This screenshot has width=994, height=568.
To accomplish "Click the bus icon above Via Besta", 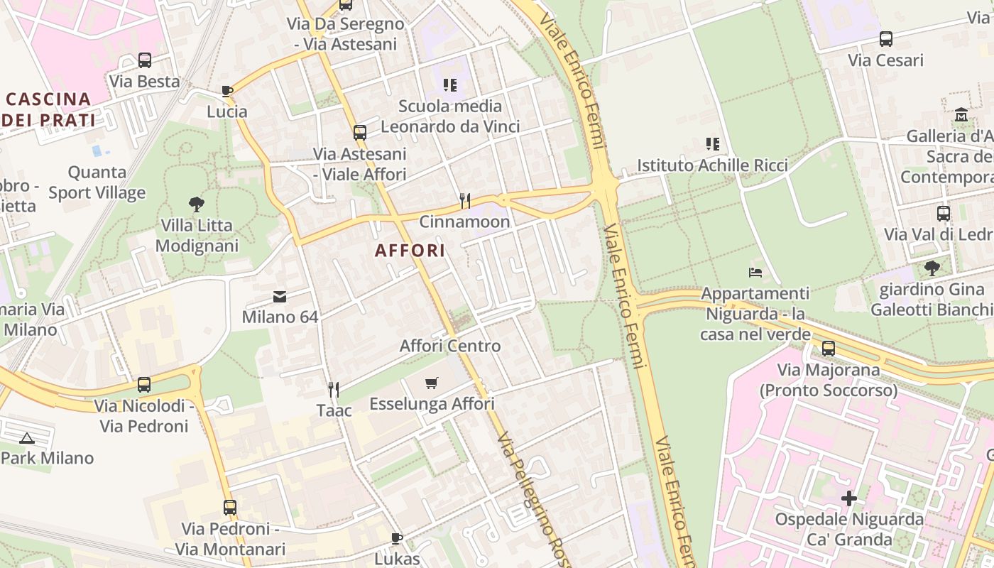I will (x=145, y=60).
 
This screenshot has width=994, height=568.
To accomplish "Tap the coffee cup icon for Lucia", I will (x=227, y=91).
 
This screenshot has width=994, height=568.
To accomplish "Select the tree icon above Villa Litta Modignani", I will (x=197, y=204).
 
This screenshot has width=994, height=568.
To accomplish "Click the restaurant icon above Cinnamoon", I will (x=465, y=201).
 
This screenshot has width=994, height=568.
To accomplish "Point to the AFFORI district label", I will (x=410, y=250).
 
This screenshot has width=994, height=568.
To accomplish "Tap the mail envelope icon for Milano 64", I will (x=280, y=296).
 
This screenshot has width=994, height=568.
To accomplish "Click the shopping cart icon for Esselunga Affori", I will (x=432, y=383).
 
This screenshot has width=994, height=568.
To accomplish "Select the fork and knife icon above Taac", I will (x=334, y=389).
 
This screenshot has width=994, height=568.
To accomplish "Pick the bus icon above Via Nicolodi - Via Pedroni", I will (x=144, y=385).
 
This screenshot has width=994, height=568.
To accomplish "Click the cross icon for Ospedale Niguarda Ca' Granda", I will (x=849, y=498).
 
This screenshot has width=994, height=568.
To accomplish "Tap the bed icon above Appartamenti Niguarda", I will (x=755, y=273).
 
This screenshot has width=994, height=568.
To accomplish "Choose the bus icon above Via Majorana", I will (x=829, y=349).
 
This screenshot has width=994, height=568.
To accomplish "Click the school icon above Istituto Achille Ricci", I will (x=713, y=144).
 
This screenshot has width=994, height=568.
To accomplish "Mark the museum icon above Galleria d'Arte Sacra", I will (x=961, y=114).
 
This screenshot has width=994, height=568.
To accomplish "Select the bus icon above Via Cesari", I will (x=886, y=39).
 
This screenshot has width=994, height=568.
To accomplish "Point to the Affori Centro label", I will (x=450, y=346).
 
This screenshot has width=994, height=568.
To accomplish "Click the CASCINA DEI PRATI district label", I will (x=48, y=109).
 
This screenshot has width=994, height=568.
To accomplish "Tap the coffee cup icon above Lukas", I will (x=397, y=538).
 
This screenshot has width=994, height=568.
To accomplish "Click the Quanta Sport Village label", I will (x=97, y=182).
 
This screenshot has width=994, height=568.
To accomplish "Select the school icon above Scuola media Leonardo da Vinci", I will (x=450, y=85).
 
